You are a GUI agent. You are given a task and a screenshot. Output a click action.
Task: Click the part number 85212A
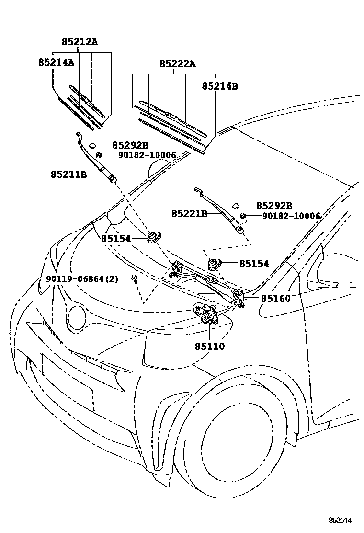(80, 42)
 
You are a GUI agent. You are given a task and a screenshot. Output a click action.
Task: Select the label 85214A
(56, 62)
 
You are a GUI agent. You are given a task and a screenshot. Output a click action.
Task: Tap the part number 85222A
(178, 64)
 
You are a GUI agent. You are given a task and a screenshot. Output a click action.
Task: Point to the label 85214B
(220, 86)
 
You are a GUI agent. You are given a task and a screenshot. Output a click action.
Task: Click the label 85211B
(69, 174)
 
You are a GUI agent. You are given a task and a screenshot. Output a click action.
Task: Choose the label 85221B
(190, 214)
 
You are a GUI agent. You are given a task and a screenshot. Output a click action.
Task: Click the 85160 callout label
(276, 299)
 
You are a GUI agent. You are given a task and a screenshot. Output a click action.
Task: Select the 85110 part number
(209, 347)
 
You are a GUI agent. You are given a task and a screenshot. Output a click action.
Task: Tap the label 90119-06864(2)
(82, 279)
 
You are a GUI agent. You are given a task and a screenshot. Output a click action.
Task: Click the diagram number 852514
(340, 520)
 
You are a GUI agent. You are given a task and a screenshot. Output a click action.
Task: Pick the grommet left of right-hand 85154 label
(215, 264)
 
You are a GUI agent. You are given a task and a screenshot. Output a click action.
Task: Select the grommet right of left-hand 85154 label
(154, 237)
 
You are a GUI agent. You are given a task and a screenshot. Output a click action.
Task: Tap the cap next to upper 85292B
(92, 146)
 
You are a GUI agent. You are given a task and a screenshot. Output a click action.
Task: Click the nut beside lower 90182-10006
(243, 215)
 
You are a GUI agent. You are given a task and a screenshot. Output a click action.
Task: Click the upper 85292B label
(130, 146)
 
